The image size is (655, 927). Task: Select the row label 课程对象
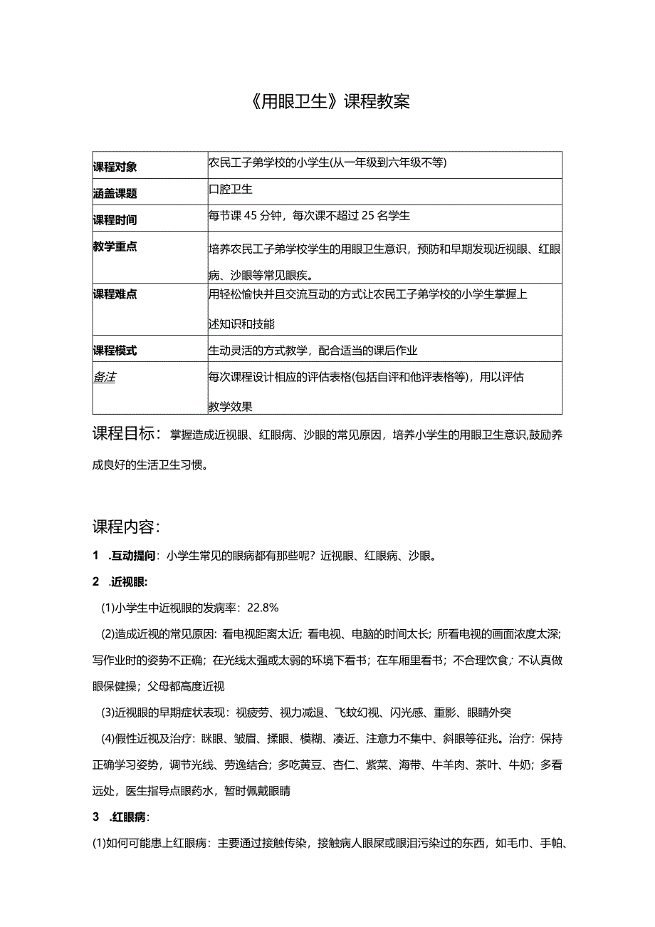[115, 167]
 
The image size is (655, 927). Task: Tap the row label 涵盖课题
[115, 193]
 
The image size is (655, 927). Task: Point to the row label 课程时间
[115, 219]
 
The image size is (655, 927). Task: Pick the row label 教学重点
[115, 247]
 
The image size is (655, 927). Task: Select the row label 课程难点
[115, 294]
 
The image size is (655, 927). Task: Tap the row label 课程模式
[115, 351]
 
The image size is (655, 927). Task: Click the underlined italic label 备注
[104, 377]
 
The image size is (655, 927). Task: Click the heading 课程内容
[126, 527]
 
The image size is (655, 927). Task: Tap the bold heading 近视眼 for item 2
[129, 581]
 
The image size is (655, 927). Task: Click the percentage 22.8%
[263, 607]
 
